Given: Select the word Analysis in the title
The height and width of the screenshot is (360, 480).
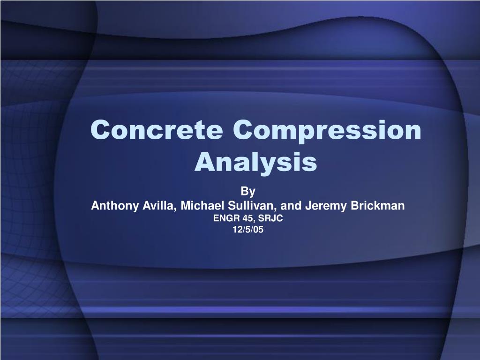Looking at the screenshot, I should click(255, 162).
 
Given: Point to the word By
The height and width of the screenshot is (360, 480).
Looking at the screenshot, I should click(247, 192).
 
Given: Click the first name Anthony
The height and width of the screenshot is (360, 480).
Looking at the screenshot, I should click(111, 205).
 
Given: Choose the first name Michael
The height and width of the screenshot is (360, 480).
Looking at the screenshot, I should click(200, 205).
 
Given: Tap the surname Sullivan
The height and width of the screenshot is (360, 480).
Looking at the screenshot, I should click(249, 205).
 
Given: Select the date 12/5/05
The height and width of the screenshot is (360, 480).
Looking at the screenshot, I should click(248, 230).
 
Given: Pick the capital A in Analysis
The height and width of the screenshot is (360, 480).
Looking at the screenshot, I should click(204, 161).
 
